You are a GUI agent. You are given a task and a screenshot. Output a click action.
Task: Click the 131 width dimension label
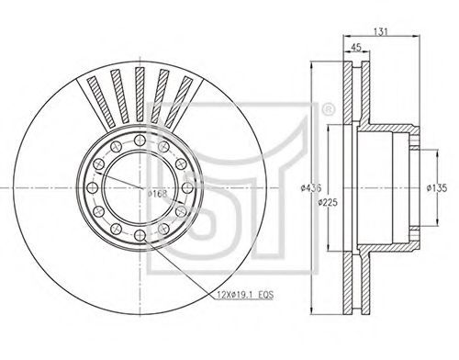pos(381,31)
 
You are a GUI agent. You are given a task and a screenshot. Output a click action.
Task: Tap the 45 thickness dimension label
pos(356,47)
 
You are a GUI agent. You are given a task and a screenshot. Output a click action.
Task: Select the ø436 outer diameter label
pos(311,187)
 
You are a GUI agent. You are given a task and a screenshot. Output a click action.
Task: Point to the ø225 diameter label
pos(328,202)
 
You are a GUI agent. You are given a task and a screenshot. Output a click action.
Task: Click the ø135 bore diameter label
pos(437,188)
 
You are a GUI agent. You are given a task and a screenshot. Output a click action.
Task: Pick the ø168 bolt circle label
pos(158,194)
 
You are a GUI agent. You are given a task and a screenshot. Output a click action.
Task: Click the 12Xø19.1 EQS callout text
pos(245,295)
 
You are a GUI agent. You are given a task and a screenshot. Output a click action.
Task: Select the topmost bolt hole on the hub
pos(140,140)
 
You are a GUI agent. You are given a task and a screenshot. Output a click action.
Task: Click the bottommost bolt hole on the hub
pos(140,235)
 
